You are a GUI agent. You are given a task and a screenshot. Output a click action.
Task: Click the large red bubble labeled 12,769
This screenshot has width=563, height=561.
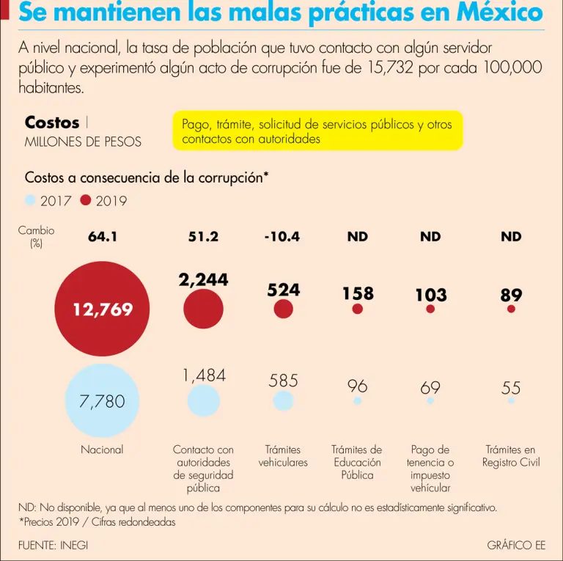coord(102,309)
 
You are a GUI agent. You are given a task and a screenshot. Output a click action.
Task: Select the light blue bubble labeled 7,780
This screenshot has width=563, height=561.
coord(102,401)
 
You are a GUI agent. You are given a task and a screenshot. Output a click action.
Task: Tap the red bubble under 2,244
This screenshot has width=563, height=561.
coord(203,309)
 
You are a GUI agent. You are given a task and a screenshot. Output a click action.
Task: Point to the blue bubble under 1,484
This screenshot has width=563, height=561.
coord(203,400)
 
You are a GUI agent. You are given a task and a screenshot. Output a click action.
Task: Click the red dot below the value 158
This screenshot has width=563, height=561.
coord(357,309)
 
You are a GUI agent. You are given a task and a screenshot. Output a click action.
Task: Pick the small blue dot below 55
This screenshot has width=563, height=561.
coord(511,401)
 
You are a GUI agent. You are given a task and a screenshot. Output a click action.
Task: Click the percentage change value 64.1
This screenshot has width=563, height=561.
coord(103,237)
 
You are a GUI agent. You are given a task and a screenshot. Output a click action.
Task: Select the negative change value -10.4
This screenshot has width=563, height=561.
coord(282,237)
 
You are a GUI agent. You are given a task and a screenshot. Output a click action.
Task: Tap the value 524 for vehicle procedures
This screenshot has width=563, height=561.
coord(283,290)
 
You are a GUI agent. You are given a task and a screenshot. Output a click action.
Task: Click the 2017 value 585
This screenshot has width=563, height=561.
coord(283,381)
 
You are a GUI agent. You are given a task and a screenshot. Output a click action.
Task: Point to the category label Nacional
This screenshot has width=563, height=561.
coord(102,450)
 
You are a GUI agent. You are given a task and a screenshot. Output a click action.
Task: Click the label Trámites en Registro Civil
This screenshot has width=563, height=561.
coord(510,456)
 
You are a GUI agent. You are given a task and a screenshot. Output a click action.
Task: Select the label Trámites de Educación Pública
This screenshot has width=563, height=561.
coord(357,462)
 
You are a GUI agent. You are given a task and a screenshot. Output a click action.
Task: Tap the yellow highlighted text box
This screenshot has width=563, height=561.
coord(317,131)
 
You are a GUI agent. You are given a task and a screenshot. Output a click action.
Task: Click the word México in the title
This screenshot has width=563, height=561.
coord(499,12)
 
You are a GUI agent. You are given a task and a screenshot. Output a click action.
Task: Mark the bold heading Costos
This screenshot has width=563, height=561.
coord(52,123)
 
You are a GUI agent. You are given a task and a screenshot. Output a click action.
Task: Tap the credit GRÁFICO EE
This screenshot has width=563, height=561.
coord(516,545)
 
